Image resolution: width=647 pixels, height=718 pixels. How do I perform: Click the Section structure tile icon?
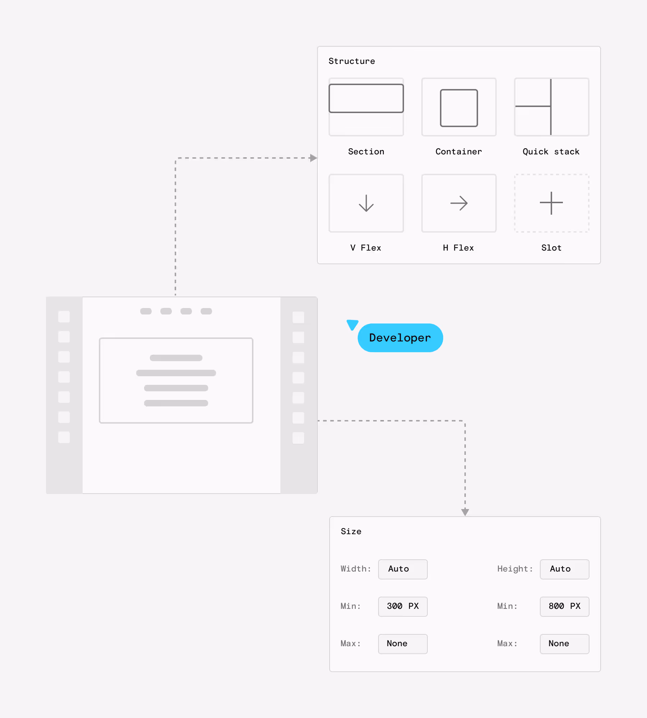366,107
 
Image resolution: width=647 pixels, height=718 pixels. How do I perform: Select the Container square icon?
459,108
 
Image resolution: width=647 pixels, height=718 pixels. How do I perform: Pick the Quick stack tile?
551,107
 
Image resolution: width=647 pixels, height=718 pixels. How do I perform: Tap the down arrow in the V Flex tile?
366,203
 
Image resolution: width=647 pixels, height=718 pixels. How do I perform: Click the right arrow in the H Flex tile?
459,203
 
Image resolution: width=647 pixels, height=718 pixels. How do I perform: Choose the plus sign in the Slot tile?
551,203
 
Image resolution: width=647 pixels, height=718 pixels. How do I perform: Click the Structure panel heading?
352,61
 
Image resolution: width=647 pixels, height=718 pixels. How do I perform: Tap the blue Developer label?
400,338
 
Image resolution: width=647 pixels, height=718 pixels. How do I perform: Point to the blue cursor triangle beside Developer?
352,325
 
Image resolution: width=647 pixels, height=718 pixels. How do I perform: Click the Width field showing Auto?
403,569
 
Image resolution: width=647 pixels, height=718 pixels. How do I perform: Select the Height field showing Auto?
564,569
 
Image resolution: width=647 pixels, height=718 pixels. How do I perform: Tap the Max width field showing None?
403,644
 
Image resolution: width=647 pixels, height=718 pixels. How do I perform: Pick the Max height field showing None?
564,644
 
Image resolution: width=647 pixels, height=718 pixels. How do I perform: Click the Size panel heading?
351,532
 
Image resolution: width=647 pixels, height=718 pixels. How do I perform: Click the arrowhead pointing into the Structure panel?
313,158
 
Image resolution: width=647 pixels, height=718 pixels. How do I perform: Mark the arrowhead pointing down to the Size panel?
465,512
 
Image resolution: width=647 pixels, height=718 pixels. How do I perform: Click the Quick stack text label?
551,152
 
